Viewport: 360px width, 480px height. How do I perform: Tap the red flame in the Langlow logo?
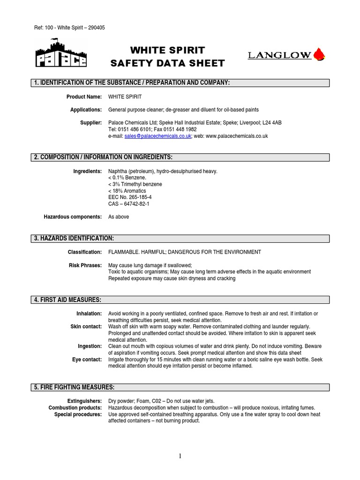coord(320,55)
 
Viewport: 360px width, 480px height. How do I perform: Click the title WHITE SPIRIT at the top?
coord(167,50)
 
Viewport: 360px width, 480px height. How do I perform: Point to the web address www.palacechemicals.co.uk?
coord(236,136)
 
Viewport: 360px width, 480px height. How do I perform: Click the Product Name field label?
coord(85,97)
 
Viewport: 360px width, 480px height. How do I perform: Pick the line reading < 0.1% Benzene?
coord(127,178)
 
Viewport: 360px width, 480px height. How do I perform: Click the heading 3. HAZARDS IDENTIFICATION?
coord(74,239)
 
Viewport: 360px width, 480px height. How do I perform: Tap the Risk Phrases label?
coord(85,265)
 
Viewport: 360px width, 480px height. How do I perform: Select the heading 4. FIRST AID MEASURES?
coord(67,300)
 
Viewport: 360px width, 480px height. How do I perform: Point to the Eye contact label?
coord(87,360)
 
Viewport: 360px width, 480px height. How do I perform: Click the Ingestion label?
coord(90,346)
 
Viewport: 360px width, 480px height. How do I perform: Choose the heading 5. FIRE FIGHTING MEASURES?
coord(74,387)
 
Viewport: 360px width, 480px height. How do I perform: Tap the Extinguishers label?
coord(84,401)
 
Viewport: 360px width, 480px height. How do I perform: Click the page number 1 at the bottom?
coord(180,457)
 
